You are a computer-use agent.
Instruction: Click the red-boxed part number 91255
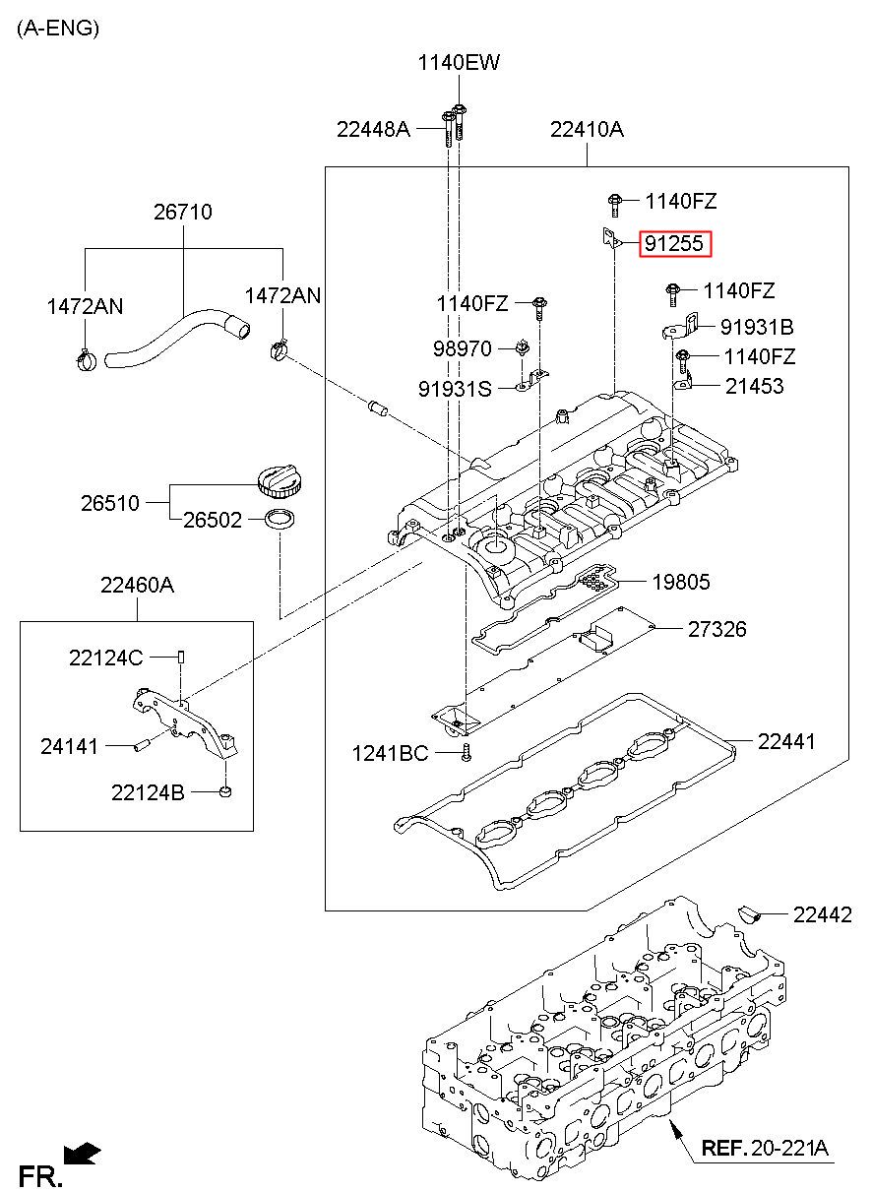(x=674, y=244)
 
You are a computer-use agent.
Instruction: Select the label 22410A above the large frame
(x=587, y=129)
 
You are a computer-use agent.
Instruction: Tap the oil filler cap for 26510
(x=280, y=481)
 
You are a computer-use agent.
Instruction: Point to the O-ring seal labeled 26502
(x=280, y=520)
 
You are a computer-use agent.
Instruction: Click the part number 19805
(x=681, y=582)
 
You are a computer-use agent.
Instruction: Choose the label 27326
(x=717, y=629)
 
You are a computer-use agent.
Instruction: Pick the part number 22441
(x=785, y=741)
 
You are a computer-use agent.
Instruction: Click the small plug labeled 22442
(x=750, y=913)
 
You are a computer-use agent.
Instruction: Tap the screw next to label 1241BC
(x=467, y=753)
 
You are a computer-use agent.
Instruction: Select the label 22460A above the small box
(x=137, y=586)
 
